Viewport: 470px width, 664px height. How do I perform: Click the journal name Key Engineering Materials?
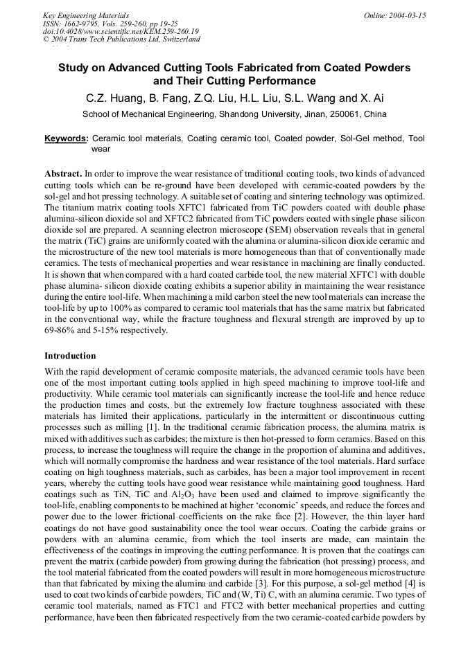coord(86,15)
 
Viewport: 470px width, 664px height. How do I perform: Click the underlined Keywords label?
coord(66,138)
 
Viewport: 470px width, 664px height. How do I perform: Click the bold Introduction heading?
coord(70,356)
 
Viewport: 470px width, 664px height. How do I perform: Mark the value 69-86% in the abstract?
coord(62,330)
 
